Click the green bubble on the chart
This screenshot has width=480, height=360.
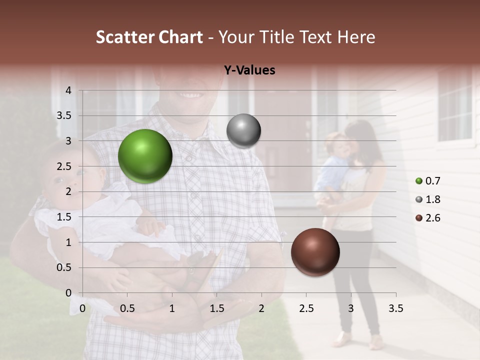[x=145, y=156]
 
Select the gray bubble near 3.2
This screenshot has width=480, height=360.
[x=243, y=131]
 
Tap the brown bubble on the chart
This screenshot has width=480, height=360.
[x=315, y=252]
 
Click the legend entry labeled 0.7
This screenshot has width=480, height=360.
[x=428, y=181]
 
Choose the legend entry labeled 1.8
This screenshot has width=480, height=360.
[x=428, y=199]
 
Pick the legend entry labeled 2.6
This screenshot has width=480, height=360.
[x=428, y=218]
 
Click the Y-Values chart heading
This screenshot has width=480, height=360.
[x=249, y=70]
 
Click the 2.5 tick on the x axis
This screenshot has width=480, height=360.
[x=306, y=308]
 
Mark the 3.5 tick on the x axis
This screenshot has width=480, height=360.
[x=395, y=308]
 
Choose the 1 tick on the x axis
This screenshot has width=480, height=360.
[x=172, y=308]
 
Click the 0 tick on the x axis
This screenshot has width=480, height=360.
[x=82, y=308]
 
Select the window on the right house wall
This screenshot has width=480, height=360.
[x=455, y=105]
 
